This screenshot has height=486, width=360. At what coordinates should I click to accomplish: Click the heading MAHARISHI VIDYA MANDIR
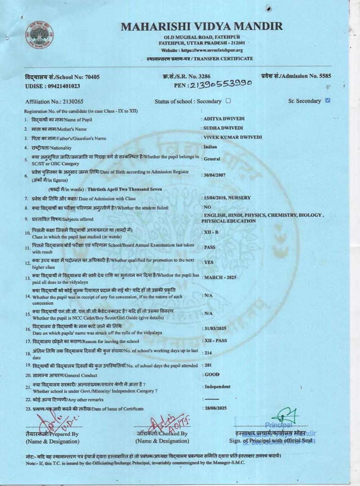(202, 26)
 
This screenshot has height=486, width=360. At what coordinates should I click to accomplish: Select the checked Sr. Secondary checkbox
(328, 100)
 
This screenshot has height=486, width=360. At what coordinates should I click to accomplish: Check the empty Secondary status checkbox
(228, 101)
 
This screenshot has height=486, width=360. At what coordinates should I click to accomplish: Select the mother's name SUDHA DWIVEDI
(223, 128)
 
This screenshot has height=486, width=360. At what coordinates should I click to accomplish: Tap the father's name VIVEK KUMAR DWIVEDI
(233, 137)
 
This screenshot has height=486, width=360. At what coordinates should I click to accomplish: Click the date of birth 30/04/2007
(215, 175)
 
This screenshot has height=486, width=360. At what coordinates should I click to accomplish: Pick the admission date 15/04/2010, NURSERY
(227, 198)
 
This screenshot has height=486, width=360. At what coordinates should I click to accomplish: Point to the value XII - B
(211, 232)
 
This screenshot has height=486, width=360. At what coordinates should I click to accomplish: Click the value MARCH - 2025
(220, 278)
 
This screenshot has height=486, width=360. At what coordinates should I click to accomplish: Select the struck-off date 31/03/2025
(215, 328)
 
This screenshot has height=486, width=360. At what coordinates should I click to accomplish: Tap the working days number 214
(208, 353)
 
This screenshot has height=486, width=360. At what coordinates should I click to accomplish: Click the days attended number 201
(208, 365)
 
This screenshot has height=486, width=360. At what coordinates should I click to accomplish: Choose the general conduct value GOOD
(212, 374)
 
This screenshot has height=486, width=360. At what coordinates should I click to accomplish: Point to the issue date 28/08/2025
(215, 408)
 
